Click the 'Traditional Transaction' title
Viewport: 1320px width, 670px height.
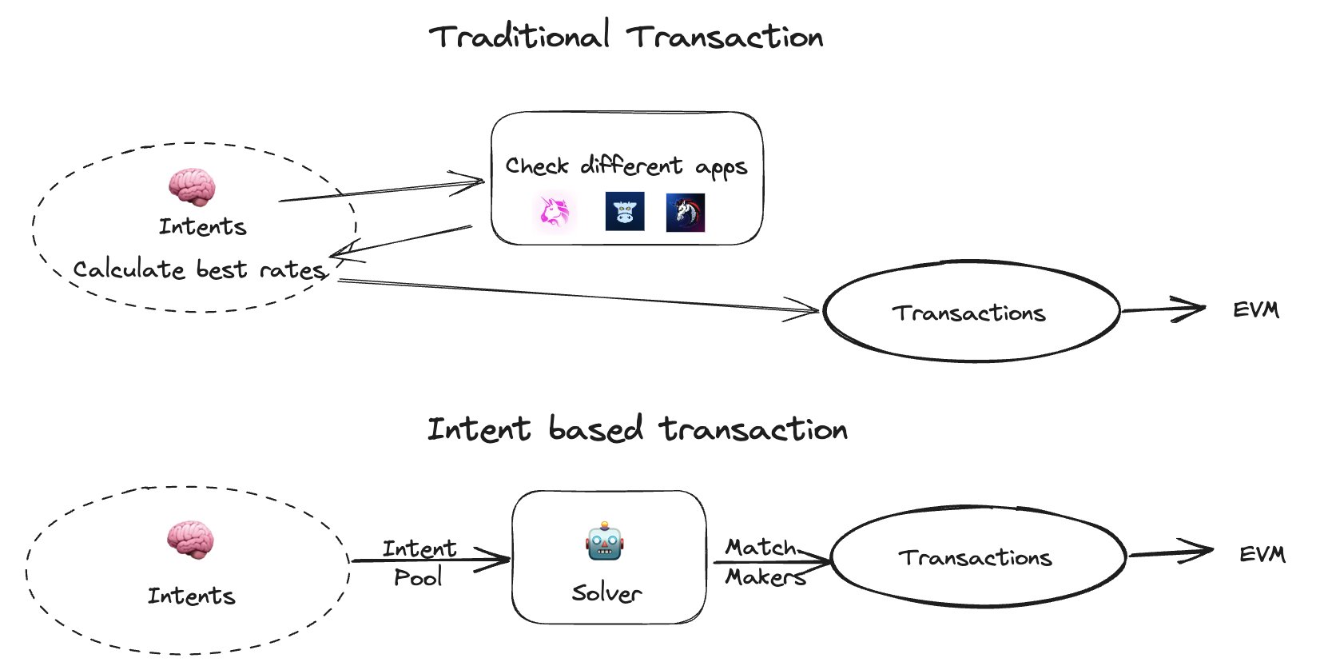[626, 37]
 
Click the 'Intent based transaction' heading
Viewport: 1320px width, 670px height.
[637, 429]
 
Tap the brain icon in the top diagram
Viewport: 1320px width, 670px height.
[192, 188]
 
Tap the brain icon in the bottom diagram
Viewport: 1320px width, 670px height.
[190, 540]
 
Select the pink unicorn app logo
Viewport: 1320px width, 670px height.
[554, 212]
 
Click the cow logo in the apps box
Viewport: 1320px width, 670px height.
[624, 212]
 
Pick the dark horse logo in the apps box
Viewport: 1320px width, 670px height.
[686, 213]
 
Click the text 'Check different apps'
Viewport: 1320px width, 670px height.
[626, 166]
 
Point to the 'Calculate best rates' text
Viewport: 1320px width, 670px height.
[200, 270]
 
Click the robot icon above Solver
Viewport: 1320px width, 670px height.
[605, 543]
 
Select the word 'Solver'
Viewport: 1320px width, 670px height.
[606, 593]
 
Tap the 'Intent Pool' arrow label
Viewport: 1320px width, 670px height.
[419, 562]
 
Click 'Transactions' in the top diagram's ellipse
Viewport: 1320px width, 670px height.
[968, 313]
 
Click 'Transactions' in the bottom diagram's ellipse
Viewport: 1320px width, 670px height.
[975, 557]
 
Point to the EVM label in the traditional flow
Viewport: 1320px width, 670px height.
[1255, 309]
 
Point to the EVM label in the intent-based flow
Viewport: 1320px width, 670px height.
[1262, 554]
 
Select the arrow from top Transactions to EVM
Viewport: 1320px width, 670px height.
[1163, 309]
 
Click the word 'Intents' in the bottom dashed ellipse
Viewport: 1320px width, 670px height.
[192, 596]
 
